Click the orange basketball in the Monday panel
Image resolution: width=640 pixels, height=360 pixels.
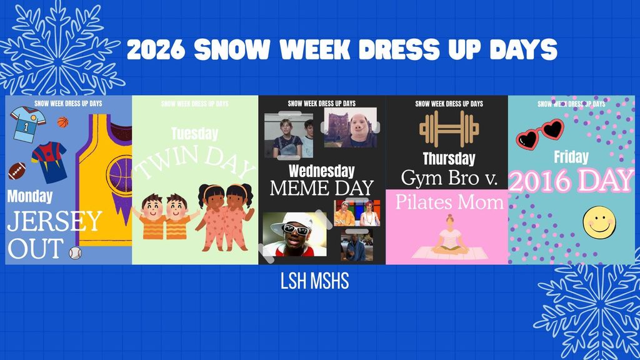point(62,122)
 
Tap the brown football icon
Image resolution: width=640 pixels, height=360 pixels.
point(17,171)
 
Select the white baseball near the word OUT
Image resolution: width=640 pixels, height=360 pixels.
point(76,252)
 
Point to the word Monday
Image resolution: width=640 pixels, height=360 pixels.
point(30,196)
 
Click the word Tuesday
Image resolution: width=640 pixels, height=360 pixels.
point(194,133)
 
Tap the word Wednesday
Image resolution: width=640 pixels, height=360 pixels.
point(322,171)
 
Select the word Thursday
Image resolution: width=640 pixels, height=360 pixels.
point(449,158)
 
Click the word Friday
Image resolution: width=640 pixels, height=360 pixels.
point(571,156)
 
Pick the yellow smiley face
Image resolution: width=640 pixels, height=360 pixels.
point(599,222)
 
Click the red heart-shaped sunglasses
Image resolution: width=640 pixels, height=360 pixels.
point(539,132)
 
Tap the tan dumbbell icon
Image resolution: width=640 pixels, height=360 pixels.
point(449,129)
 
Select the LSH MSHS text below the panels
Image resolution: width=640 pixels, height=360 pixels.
point(315,281)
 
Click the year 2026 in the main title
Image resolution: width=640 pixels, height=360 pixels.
point(155,50)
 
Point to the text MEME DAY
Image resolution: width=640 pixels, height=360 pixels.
point(321,187)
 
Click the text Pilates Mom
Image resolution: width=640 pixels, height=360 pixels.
point(449,201)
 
